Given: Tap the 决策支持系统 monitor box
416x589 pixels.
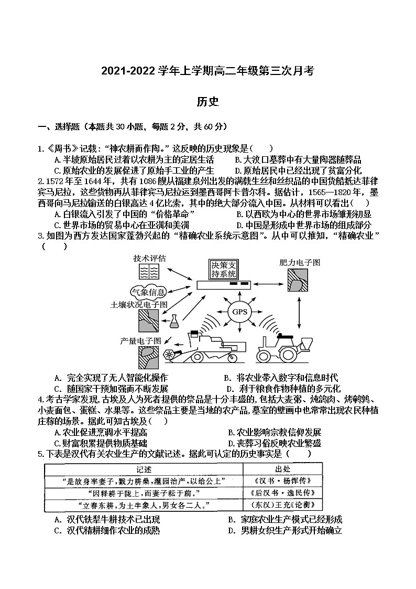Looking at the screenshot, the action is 224,271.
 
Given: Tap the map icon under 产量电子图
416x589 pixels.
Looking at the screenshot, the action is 149,357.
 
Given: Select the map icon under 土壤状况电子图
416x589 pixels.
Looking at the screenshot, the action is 149,319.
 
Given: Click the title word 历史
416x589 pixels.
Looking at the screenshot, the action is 207,101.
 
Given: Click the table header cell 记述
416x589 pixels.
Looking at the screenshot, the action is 143,469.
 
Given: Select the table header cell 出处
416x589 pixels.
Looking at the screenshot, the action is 282,469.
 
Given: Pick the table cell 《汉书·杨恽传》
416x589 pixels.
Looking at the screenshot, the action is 282,481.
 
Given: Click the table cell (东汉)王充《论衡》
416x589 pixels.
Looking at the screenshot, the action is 282,505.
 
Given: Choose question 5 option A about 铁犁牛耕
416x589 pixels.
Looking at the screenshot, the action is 107,520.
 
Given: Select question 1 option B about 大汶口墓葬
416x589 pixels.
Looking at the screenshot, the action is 298,160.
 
